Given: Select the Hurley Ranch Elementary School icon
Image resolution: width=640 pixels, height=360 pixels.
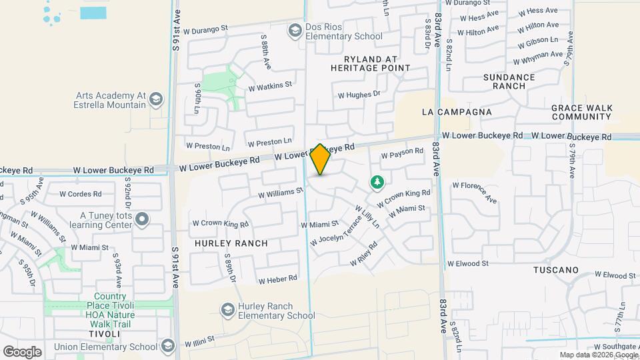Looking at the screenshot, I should click(227, 309).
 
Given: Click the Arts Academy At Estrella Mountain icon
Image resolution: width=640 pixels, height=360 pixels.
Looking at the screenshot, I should click(156, 99).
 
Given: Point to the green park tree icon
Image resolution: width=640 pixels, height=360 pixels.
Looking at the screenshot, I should click(377, 182).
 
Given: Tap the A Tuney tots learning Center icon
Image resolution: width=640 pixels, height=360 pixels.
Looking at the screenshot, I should click(141, 219).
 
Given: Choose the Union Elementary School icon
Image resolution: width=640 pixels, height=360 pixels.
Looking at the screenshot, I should click(167, 345).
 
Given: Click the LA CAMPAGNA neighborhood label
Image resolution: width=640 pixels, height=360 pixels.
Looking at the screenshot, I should click(457, 113).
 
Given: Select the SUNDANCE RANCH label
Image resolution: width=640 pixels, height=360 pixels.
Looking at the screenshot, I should click(509, 81).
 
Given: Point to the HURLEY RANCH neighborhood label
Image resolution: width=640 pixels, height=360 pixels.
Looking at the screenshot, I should click(231, 243).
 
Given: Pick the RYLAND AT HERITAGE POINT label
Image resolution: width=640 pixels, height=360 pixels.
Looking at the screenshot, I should click(371, 63).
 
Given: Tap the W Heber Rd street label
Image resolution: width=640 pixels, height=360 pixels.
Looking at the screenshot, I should click(277, 279).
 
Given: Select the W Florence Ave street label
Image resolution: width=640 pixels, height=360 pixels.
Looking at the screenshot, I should click(475, 191).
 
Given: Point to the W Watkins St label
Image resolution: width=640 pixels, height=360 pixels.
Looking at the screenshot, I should click(270, 86).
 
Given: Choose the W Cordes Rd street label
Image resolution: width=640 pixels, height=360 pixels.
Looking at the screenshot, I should click(80, 195).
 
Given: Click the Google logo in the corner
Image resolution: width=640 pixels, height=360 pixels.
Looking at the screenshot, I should click(22, 351).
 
